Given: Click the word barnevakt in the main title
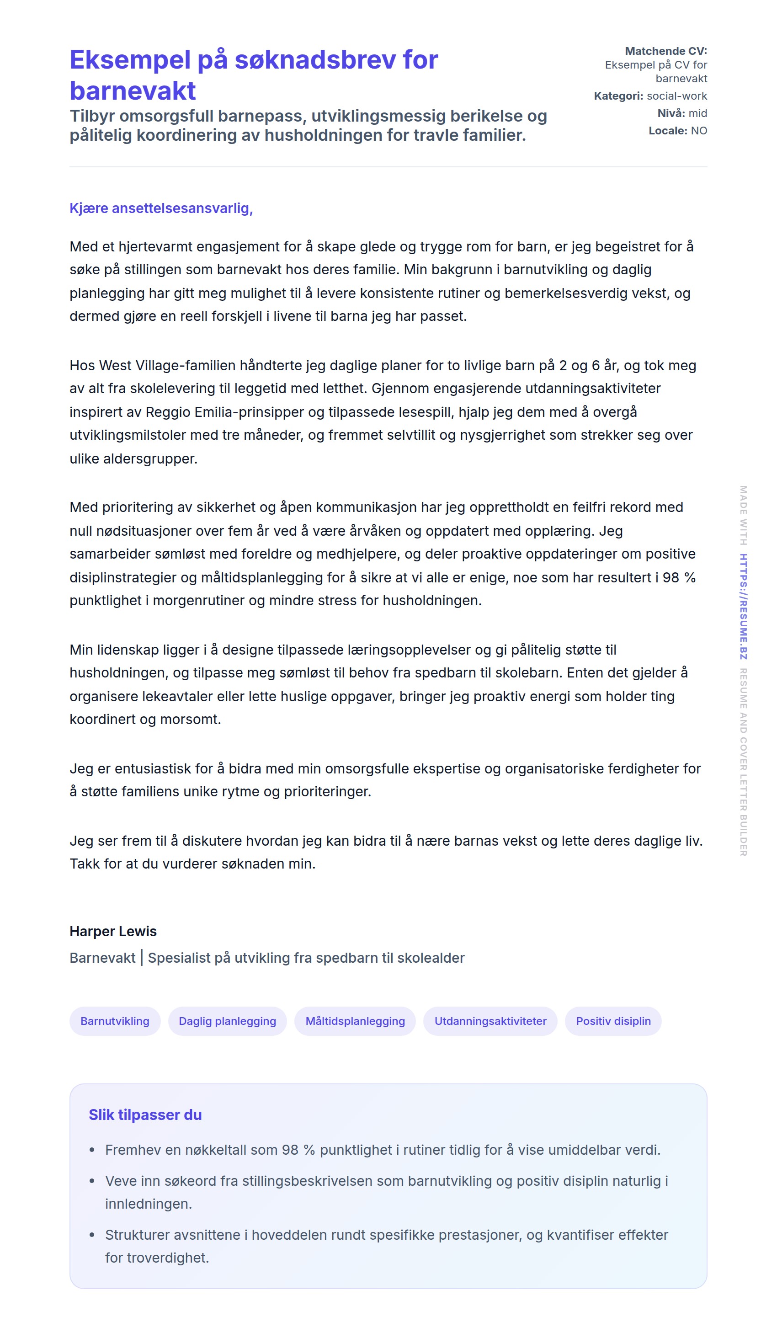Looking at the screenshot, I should tap(132, 91).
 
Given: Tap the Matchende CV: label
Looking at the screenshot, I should tap(665, 51).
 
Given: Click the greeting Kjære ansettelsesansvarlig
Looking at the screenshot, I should tap(161, 208).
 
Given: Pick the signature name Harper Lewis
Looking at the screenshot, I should tap(113, 932).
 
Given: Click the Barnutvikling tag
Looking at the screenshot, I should tap(115, 1021).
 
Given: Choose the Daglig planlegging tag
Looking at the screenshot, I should tap(228, 1021).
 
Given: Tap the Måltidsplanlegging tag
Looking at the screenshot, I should tap(355, 1021).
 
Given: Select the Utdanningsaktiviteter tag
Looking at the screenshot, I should tap(490, 1021).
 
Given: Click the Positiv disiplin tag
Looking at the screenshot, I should tap(613, 1021).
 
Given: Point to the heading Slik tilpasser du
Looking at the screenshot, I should tap(145, 1115).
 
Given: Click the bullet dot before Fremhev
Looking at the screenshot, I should tap(92, 1150).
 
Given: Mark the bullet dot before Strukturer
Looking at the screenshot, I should tap(92, 1235).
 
